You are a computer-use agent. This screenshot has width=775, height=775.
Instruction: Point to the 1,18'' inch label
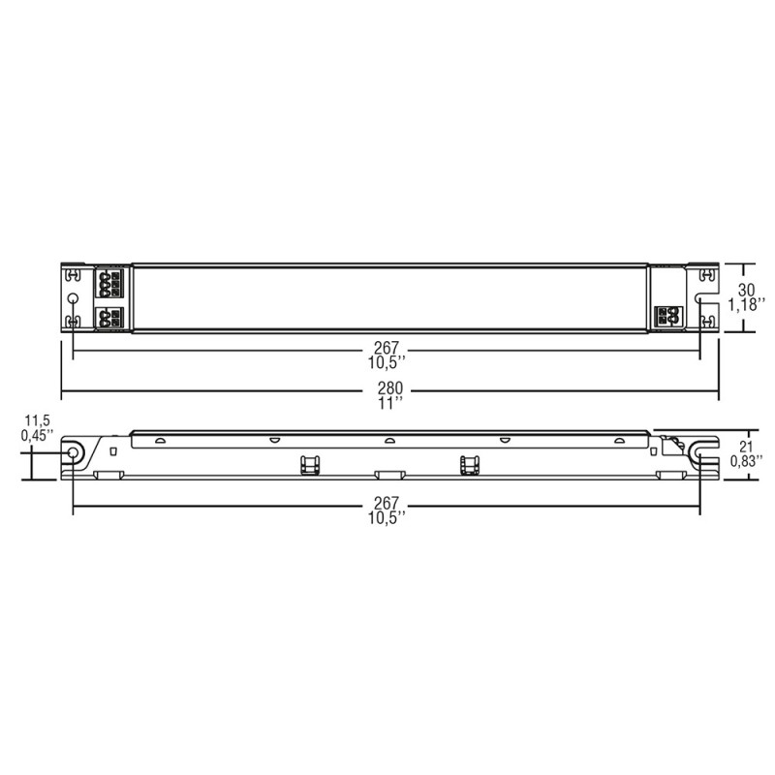coord(747,304)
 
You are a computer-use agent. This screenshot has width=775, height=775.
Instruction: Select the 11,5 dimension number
coord(36,420)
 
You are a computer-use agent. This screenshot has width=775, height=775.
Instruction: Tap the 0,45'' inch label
coord(37,435)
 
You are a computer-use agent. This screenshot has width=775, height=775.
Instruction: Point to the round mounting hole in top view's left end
coord(72,298)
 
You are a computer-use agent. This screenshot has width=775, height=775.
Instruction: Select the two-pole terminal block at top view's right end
coord(666,316)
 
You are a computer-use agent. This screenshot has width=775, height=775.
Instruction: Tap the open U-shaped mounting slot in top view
coord(705,282)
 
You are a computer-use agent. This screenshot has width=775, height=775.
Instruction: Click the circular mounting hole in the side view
coord(72,453)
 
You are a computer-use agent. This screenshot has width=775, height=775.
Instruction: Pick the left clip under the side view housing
coord(310,464)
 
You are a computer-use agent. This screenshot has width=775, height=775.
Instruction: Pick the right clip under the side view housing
coord(470,464)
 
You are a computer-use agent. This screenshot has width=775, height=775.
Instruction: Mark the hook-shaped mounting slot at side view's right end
coord(700,451)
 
